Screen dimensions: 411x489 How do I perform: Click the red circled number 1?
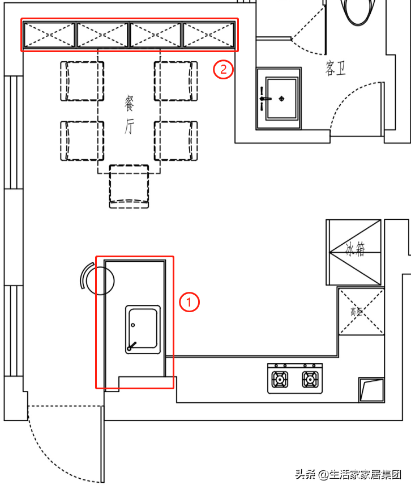pos(189,302)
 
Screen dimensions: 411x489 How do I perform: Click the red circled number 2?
pos(223,69)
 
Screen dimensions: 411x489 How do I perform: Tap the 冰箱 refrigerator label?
pos(355,249)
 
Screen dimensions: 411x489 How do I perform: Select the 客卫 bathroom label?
pos(336,68)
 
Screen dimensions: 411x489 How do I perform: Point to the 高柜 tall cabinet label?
pos(356,311)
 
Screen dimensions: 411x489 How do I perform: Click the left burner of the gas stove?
pos(280,379)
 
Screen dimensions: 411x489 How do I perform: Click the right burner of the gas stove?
pos(310,379)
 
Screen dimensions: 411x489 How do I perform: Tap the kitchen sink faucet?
pos(131,346)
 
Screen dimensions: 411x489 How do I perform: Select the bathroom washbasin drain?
pos(282,99)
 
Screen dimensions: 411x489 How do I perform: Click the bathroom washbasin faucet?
pos(264,99)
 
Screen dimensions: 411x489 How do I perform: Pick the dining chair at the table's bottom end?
pos(129,186)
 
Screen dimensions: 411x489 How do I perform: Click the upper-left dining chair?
pos(82,81)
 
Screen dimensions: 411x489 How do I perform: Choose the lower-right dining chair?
pos(175,141)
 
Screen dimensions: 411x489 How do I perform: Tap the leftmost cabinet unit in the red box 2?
pos(49,35)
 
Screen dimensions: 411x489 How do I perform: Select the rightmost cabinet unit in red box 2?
pos(208,35)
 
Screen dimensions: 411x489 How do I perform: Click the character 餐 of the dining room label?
pos(129,104)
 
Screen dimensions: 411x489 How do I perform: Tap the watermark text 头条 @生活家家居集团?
pos(348,474)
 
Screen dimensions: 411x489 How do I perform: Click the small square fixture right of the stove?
pos(371,390)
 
